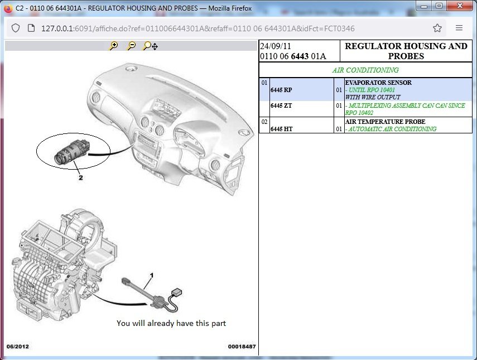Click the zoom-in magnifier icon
click(x=113, y=46)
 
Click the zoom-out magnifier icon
click(x=132, y=46)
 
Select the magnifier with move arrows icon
click(x=150, y=46)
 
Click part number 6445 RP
click(x=281, y=90)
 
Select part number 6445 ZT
click(x=281, y=105)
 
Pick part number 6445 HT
click(x=281, y=129)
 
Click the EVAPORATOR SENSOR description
click(x=378, y=83)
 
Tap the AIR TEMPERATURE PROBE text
click(x=385, y=122)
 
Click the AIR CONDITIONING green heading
click(x=365, y=70)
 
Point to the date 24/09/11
click(x=275, y=46)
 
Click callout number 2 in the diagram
click(x=80, y=177)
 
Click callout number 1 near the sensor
click(x=152, y=275)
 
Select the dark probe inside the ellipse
click(x=72, y=152)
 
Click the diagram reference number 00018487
click(x=242, y=346)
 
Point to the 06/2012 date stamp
click(x=18, y=346)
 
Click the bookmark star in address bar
click(x=437, y=28)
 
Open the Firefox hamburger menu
click(x=459, y=28)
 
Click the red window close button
click(x=460, y=6)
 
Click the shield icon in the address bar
click(x=16, y=28)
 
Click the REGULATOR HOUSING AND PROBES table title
click(x=406, y=51)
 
